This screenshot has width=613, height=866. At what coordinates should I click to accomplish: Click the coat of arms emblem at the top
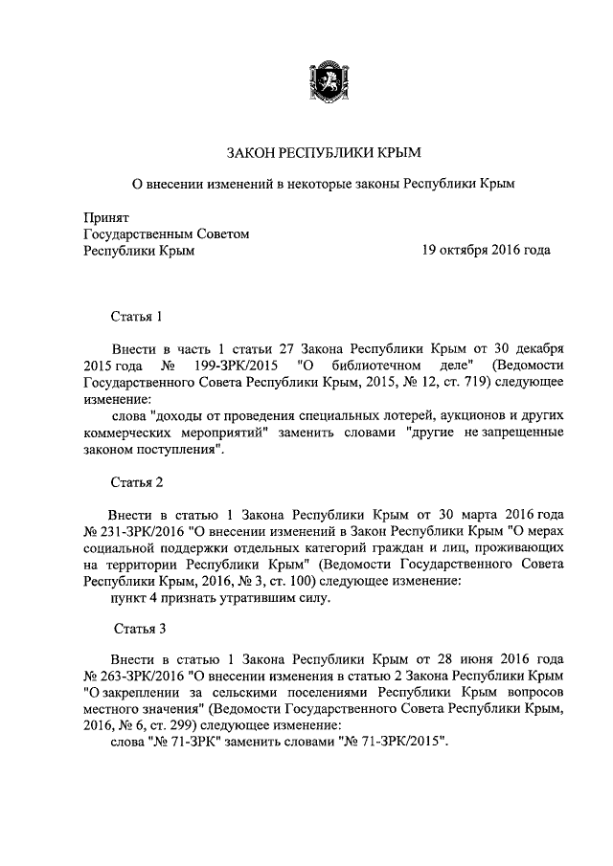pos(325,78)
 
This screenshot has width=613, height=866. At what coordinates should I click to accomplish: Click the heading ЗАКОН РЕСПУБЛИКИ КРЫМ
pos(323,152)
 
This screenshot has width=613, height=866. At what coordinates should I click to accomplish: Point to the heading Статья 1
pos(140,316)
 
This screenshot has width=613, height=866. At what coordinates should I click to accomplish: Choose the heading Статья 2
pos(140,480)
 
